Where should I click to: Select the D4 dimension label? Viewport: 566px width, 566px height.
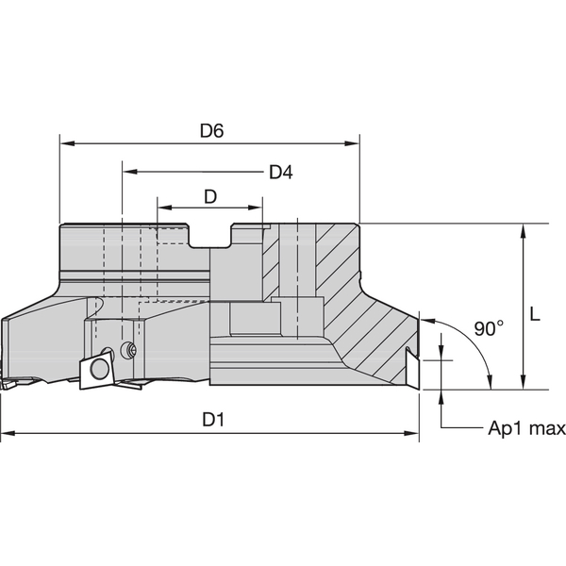[280, 172]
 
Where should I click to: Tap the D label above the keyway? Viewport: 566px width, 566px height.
[211, 196]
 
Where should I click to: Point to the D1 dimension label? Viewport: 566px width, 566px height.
[213, 421]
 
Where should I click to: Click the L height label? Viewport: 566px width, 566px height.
[534, 317]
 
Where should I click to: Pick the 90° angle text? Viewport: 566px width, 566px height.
[489, 328]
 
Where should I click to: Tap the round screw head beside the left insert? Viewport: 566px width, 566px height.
[129, 351]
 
